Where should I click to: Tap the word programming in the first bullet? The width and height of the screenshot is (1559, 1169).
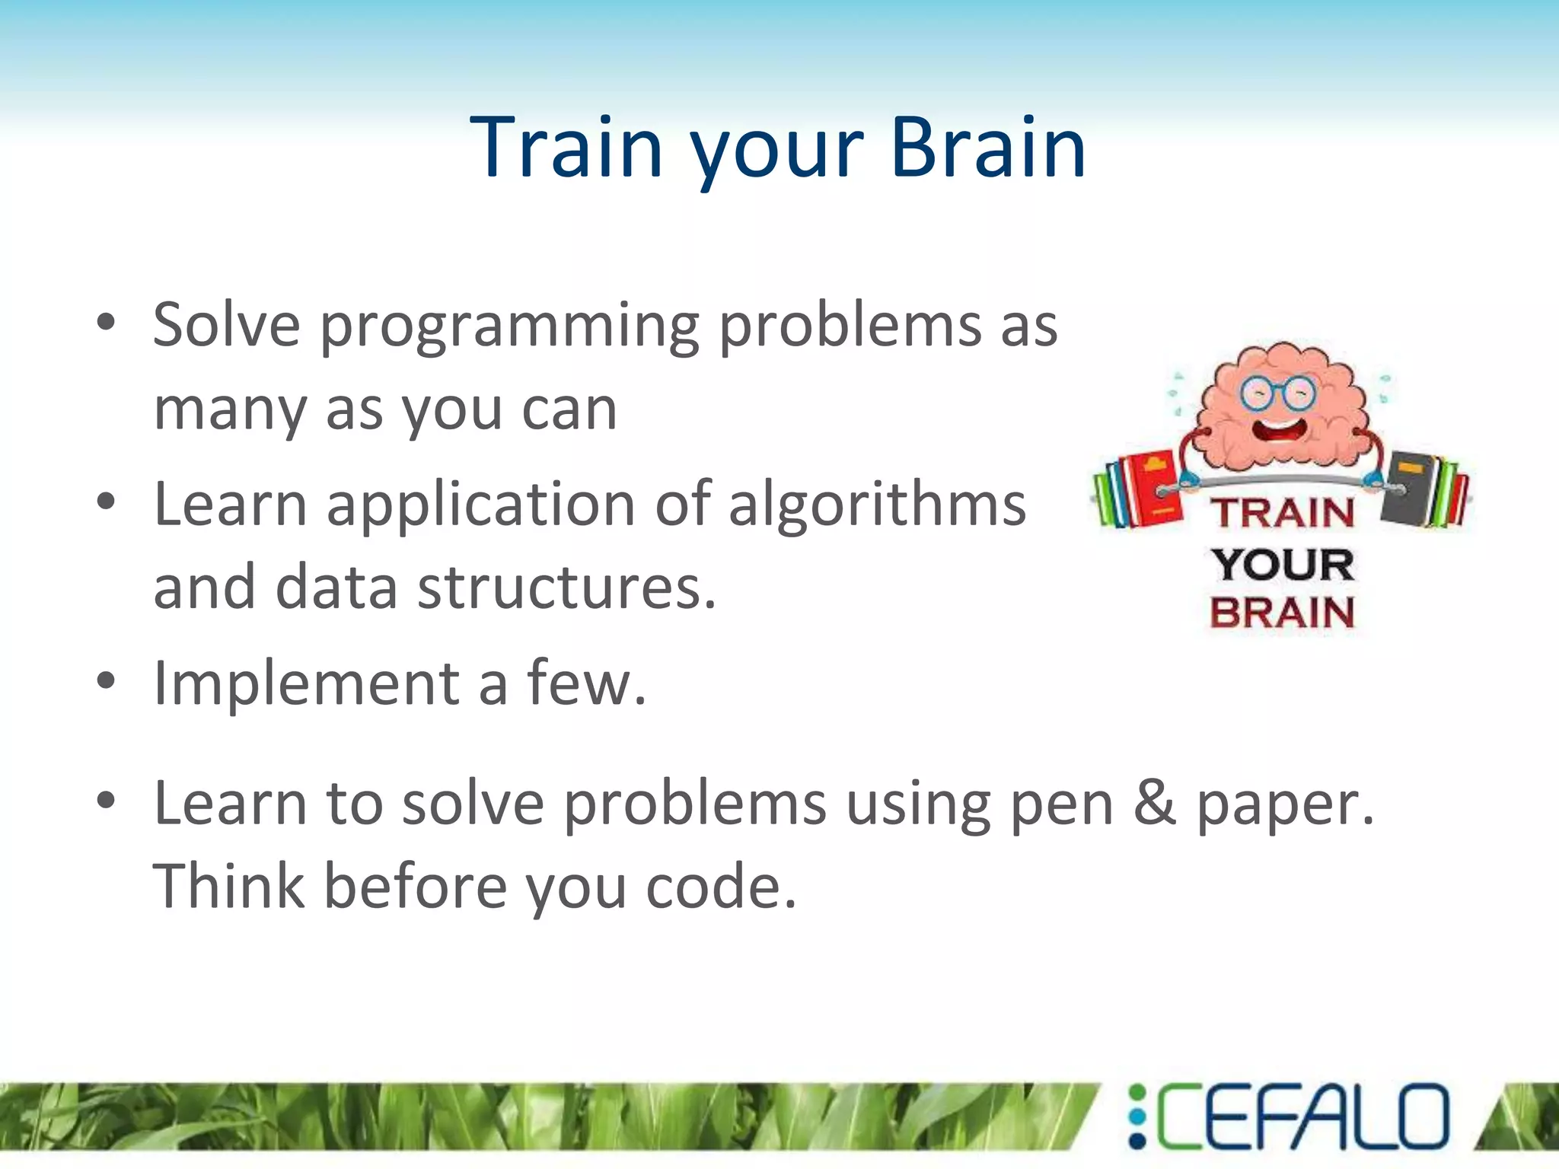coord(509,327)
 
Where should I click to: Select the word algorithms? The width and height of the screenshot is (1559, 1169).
coord(877,505)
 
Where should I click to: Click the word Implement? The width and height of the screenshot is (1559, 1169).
coord(306,683)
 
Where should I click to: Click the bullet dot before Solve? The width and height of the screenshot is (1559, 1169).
coord(106,323)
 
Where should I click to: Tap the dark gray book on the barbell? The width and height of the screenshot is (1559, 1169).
coord(1408,487)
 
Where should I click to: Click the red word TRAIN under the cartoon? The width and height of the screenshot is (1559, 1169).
coord(1282,512)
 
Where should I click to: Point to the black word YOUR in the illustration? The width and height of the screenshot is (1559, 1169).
coord(1283,564)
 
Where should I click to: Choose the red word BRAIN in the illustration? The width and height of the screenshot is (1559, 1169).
coord(1282,613)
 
